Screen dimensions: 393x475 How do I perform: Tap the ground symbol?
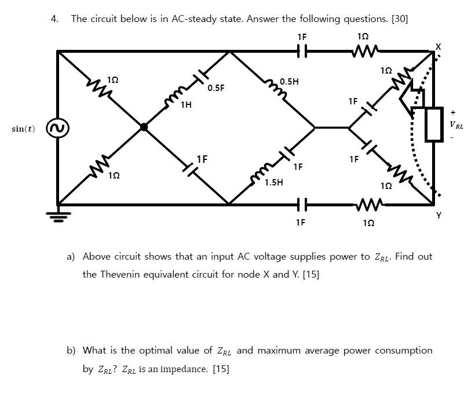point(57,216)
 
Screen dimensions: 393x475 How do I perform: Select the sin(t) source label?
point(23,128)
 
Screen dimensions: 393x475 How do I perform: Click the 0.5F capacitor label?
point(215,88)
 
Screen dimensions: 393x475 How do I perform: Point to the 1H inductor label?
point(185,105)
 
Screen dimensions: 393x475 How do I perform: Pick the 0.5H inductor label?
point(289,82)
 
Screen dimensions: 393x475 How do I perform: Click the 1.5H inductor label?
point(273,183)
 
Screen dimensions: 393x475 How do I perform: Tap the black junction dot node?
point(144,127)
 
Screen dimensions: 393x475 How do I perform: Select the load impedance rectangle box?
point(435,124)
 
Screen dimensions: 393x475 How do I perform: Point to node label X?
point(439,45)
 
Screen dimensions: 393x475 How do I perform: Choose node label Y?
point(439,216)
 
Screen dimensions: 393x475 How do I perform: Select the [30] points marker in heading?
point(400,19)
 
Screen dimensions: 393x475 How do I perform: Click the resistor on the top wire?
point(364,51)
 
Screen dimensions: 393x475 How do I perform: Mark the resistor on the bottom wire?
point(364,204)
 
